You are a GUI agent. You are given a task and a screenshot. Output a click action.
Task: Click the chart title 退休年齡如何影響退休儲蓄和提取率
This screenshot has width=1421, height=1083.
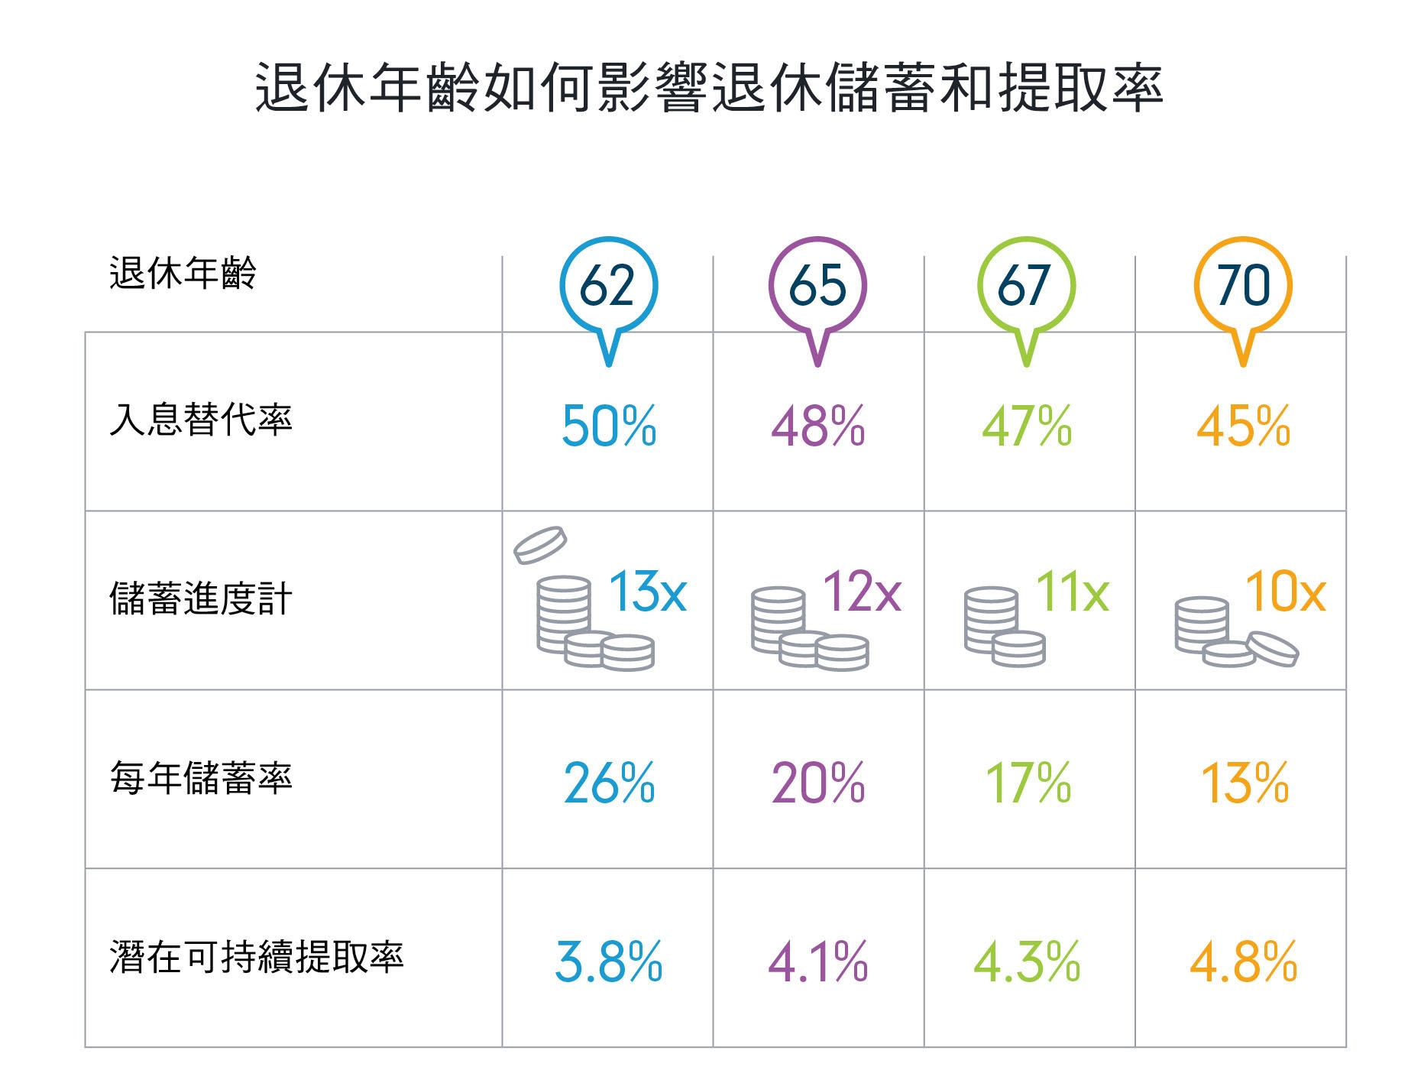coord(709,88)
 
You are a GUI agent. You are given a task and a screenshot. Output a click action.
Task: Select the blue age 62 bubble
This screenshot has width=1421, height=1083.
coord(608,287)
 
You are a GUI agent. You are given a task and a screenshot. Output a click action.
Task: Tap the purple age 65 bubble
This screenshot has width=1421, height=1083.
coord(817,287)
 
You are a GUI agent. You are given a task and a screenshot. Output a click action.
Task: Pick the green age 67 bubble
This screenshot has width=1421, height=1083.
coord(1026,287)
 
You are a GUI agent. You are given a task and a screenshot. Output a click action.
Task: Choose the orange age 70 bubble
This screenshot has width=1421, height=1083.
coord(1242,287)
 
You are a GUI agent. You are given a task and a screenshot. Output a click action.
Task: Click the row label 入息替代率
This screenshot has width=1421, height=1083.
coord(201,420)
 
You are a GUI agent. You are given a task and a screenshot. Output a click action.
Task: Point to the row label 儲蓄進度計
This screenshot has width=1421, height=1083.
coord(201,598)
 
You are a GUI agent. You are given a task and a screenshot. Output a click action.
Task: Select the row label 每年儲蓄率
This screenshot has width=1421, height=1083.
coord(201,778)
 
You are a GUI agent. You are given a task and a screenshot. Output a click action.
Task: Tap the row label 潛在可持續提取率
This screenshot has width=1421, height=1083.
coord(257,957)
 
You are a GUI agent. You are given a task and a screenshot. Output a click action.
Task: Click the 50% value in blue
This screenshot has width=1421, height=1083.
coord(609,426)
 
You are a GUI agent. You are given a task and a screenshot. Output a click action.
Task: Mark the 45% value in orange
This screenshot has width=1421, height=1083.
coord(1243,426)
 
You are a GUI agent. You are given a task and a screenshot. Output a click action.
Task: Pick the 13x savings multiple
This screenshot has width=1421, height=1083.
coord(647,592)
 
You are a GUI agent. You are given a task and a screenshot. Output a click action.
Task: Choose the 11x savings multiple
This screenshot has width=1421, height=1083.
coord(1072,592)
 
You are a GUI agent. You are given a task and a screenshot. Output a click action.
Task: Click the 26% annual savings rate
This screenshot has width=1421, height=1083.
coord(609,783)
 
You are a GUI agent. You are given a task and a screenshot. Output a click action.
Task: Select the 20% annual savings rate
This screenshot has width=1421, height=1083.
coord(817,783)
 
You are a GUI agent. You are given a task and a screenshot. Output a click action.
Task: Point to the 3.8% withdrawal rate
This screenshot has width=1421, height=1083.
coord(609,962)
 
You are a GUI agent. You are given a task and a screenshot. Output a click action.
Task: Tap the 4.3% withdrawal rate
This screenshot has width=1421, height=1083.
coord(1027,962)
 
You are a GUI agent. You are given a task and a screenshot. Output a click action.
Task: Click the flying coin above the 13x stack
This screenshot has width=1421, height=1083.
coord(540,544)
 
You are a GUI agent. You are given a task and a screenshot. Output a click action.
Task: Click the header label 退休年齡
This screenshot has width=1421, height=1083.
coord(183,273)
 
